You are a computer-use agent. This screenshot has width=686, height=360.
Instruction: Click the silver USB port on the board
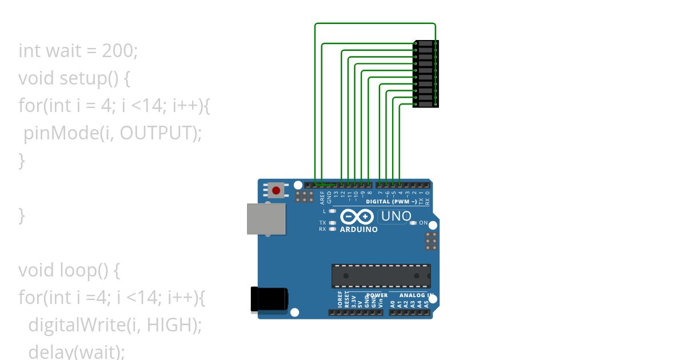pos(266,219)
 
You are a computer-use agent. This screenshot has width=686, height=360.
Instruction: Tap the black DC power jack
pos(269,299)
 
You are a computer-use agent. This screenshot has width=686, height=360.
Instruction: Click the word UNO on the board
pos(396,217)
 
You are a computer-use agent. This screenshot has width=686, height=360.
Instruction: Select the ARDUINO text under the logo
pos(358,230)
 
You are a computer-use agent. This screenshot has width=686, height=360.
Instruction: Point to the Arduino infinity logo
pos(357,217)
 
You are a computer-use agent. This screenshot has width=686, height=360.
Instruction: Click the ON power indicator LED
pos(413,223)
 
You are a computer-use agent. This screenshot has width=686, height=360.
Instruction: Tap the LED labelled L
pos(332,211)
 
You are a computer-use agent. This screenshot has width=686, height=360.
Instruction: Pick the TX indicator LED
pos(332,222)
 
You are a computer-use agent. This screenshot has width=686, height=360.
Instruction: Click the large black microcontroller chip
pos(381,276)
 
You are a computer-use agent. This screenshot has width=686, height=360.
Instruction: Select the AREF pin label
pos(322,198)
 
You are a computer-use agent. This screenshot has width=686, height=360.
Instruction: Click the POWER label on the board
pos(376,295)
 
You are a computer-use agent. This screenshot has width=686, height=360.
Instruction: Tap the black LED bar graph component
pos(425,74)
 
